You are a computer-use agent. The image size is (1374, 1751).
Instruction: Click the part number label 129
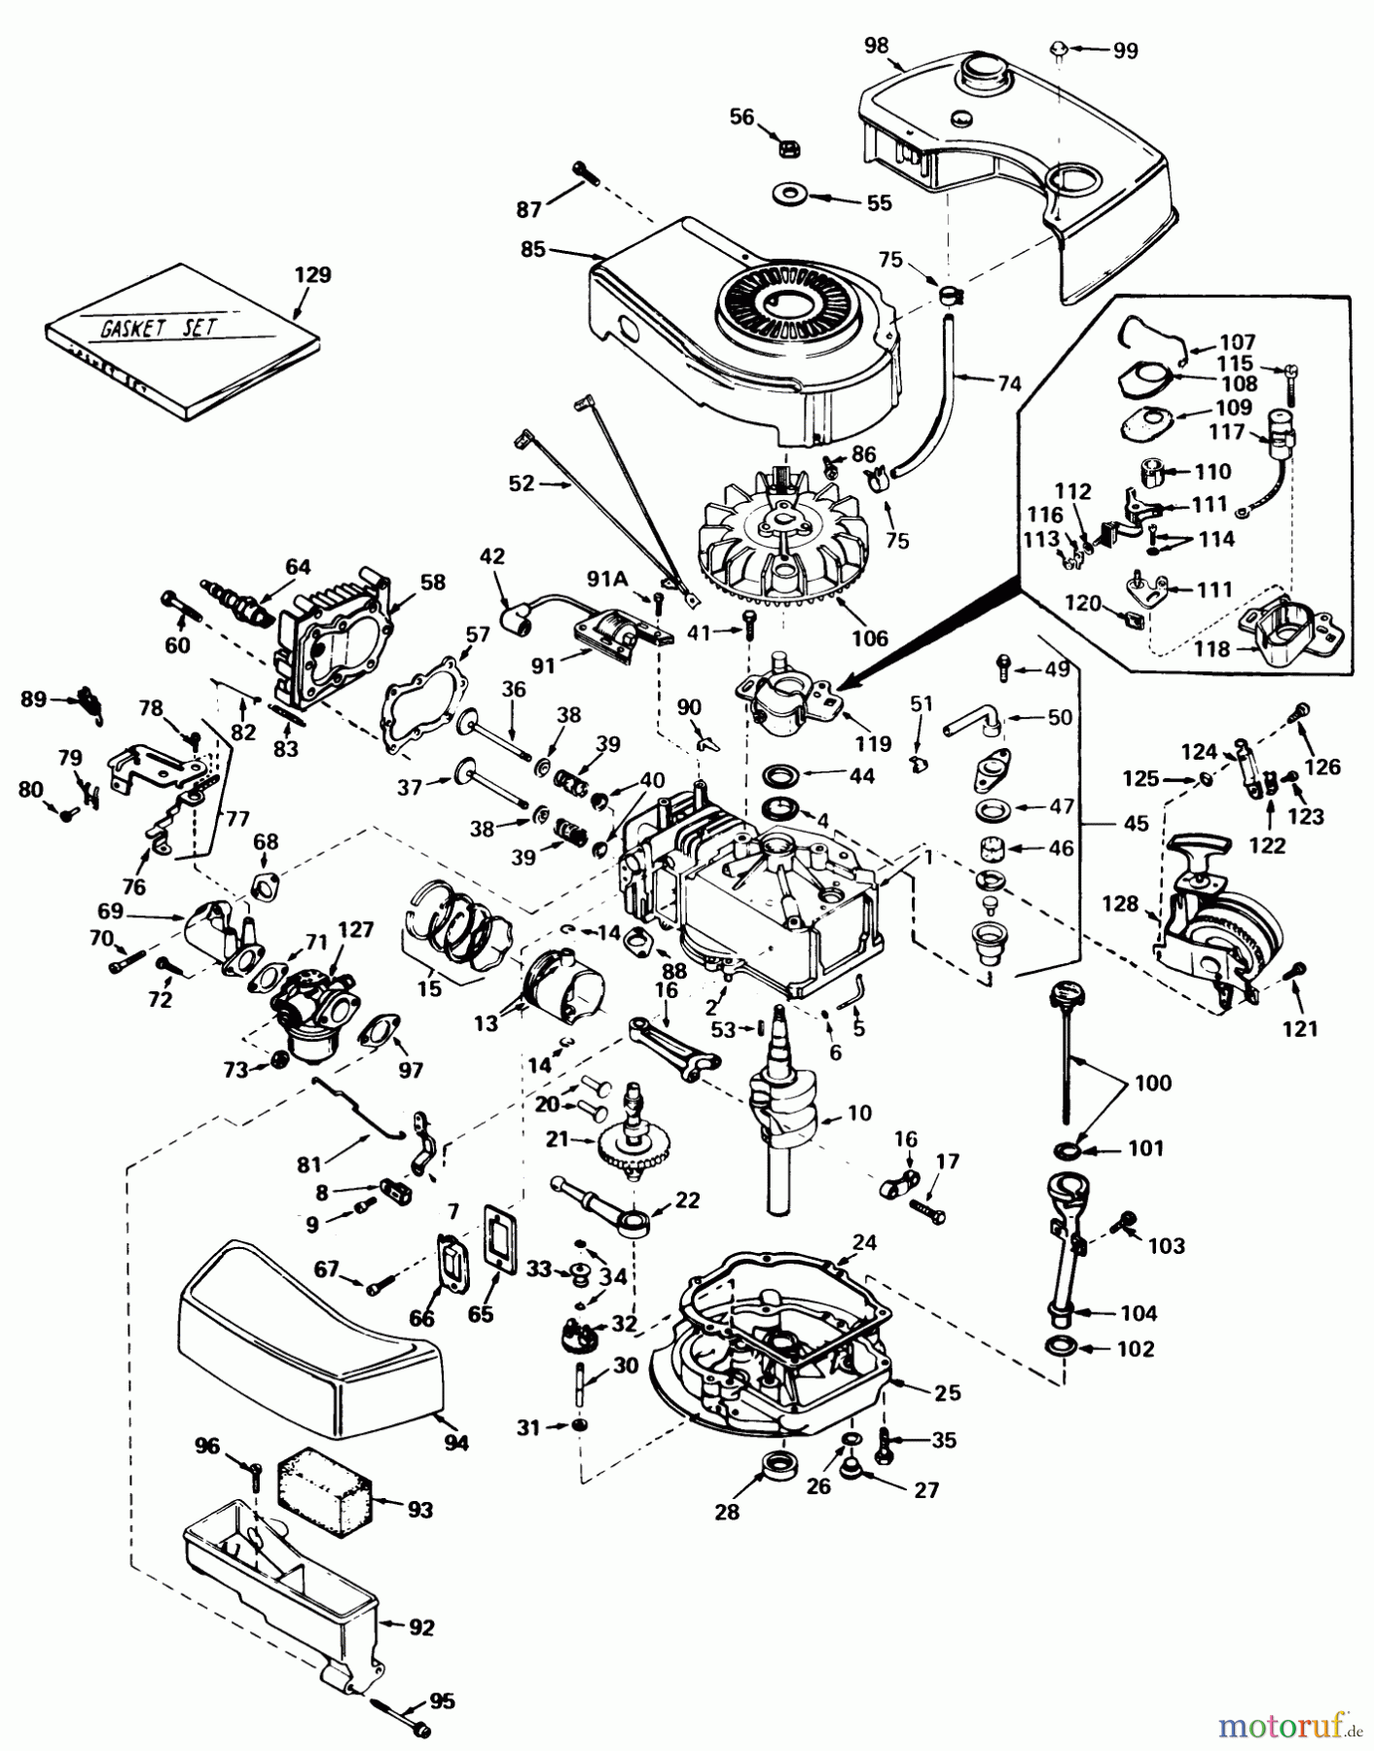(312, 275)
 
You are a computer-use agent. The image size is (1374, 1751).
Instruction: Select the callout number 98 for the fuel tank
(876, 46)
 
